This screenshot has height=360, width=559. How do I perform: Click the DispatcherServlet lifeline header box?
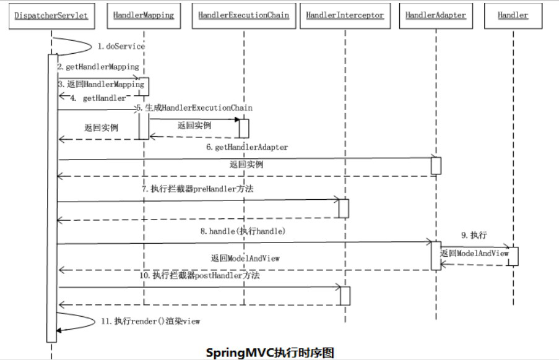click(51, 15)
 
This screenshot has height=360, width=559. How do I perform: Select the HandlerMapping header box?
click(144, 15)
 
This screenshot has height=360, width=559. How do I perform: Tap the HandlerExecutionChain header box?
click(243, 15)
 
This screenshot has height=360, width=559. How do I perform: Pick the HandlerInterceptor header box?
click(345, 15)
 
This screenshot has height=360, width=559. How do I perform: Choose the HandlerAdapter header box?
click(436, 15)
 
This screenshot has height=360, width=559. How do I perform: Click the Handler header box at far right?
click(513, 15)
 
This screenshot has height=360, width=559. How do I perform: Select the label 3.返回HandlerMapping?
click(102, 83)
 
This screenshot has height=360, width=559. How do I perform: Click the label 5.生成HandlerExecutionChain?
click(194, 108)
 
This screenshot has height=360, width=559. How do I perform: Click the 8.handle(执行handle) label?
click(238, 231)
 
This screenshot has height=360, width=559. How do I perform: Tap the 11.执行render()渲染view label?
click(150, 321)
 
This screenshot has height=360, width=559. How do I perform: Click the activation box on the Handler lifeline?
click(513, 256)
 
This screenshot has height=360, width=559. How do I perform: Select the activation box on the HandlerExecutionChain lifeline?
click(244, 128)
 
